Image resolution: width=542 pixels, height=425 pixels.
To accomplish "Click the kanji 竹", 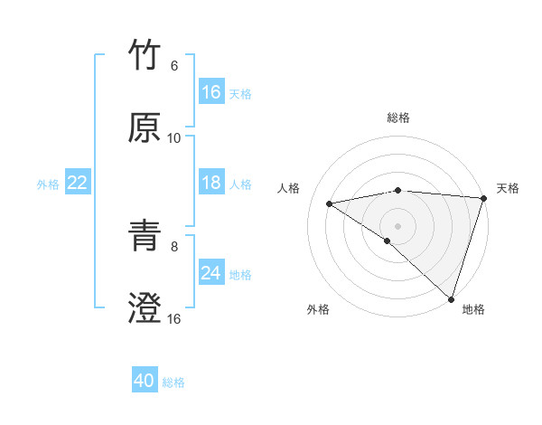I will pyautogui.click(x=145, y=56).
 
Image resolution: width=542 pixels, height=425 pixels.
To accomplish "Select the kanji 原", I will pyautogui.click(x=145, y=128).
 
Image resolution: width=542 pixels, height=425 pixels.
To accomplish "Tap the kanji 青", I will pyautogui.click(x=145, y=236).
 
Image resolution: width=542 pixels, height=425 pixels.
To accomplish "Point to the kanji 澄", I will pyautogui.click(x=145, y=308).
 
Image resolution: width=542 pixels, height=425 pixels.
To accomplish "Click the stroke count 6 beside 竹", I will pyautogui.click(x=174, y=66).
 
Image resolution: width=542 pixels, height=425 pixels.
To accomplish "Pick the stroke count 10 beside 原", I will pyautogui.click(x=174, y=138).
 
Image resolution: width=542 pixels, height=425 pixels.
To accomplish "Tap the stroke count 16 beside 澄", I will pyautogui.click(x=174, y=318).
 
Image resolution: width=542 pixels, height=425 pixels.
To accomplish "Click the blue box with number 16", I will pyautogui.click(x=211, y=92).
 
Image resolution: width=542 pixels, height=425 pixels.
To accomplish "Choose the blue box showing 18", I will pyautogui.click(x=211, y=183).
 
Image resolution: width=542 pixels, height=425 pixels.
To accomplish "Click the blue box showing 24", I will pyautogui.click(x=211, y=273).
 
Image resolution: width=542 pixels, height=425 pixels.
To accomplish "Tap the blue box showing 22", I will pyautogui.click(x=78, y=183).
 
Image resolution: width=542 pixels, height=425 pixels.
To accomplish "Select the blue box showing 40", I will pyautogui.click(x=145, y=382).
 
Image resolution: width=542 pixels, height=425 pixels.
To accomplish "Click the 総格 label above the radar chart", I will pyautogui.click(x=398, y=118).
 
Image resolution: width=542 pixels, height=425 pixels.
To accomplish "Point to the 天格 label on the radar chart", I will pyautogui.click(x=509, y=188).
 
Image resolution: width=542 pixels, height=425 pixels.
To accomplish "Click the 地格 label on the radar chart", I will pyautogui.click(x=473, y=309).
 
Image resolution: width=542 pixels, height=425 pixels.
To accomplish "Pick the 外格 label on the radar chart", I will pyautogui.click(x=317, y=309).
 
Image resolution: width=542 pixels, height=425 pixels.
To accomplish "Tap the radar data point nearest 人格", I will pyautogui.click(x=330, y=203).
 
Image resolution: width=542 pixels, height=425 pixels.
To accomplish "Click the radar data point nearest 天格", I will pyautogui.click(x=483, y=198).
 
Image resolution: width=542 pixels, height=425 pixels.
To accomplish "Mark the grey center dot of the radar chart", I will pyautogui.click(x=397, y=225).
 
